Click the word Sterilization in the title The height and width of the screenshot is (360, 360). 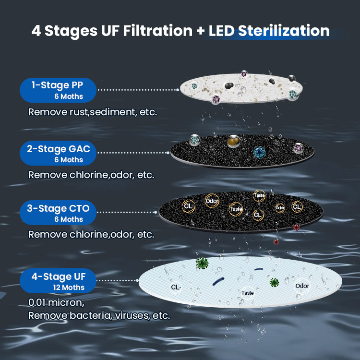(x=284, y=31)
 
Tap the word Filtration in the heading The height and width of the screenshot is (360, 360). (x=158, y=31)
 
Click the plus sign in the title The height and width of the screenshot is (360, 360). (x=201, y=31)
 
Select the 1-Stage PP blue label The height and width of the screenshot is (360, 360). (x=58, y=90)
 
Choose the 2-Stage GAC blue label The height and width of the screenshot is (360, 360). (x=58, y=153)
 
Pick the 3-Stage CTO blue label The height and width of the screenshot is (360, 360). (x=58, y=213)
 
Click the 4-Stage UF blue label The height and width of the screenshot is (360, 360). (x=58, y=281)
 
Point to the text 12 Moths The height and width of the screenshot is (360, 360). (x=69, y=287)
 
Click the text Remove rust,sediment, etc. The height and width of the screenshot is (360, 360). (x=93, y=112)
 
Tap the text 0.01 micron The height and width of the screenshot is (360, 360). (x=56, y=302)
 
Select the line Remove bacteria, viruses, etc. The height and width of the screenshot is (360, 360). (x=99, y=315)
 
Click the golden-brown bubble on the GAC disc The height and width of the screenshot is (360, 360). (x=234, y=141)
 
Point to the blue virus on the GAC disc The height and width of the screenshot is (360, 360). (x=259, y=153)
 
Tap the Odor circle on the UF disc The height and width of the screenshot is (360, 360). (x=302, y=286)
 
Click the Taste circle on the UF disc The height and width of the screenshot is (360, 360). (x=248, y=293)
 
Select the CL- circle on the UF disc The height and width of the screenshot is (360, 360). (x=176, y=287)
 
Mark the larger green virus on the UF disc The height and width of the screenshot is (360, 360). (x=202, y=263)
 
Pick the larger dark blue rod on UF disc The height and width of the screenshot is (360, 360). (x=218, y=281)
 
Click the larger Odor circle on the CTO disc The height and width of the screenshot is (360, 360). (x=212, y=201)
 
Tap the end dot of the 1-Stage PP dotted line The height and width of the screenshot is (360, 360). (x=178, y=90)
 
